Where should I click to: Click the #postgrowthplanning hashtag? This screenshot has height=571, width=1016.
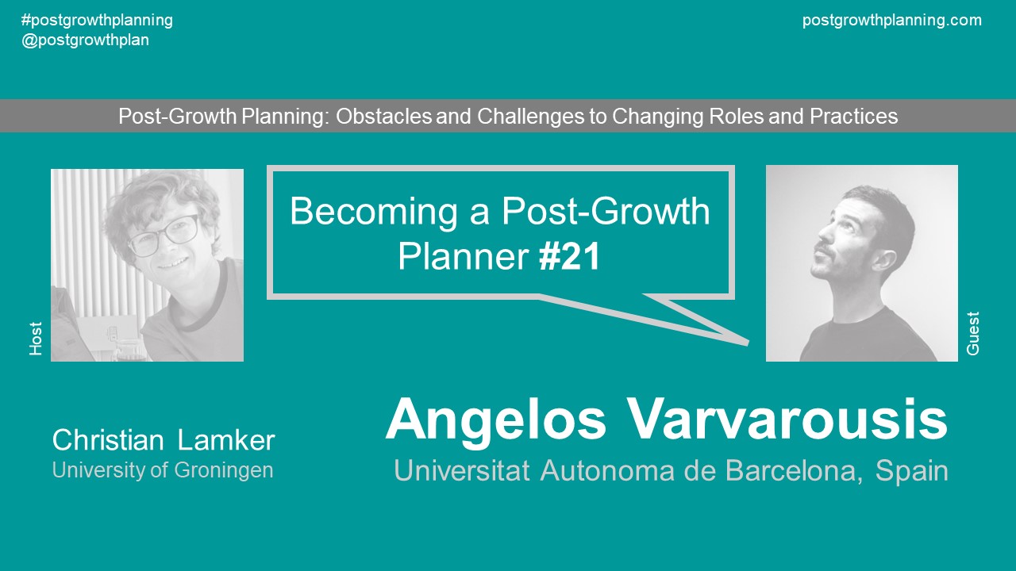point(97,21)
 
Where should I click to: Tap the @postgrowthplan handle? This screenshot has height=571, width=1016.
point(85,40)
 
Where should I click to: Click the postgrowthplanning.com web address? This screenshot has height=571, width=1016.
point(891,21)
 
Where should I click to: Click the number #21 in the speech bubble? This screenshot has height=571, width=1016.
point(569,257)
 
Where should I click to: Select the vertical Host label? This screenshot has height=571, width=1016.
point(36,339)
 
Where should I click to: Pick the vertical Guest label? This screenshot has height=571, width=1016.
point(973,333)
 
